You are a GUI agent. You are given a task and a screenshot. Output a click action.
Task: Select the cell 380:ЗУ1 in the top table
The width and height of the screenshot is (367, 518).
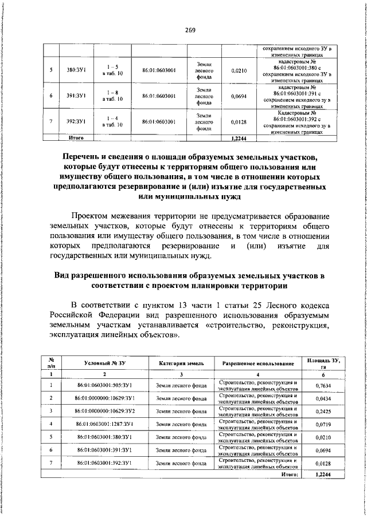pyautogui.click(x=76, y=71)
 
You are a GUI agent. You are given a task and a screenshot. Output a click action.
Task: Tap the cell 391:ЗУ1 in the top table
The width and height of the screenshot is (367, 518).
pyautogui.click(x=76, y=96)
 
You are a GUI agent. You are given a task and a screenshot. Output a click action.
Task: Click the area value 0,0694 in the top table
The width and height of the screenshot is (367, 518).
pyautogui.click(x=238, y=96)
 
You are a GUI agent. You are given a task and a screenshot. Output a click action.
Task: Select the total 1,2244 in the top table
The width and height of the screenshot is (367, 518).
pyautogui.click(x=238, y=138)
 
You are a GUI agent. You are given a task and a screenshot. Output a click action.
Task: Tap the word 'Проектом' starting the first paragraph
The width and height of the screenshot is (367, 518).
pyautogui.click(x=94, y=216)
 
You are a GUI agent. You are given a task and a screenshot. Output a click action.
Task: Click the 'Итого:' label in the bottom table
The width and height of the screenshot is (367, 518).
pyautogui.click(x=290, y=474)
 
